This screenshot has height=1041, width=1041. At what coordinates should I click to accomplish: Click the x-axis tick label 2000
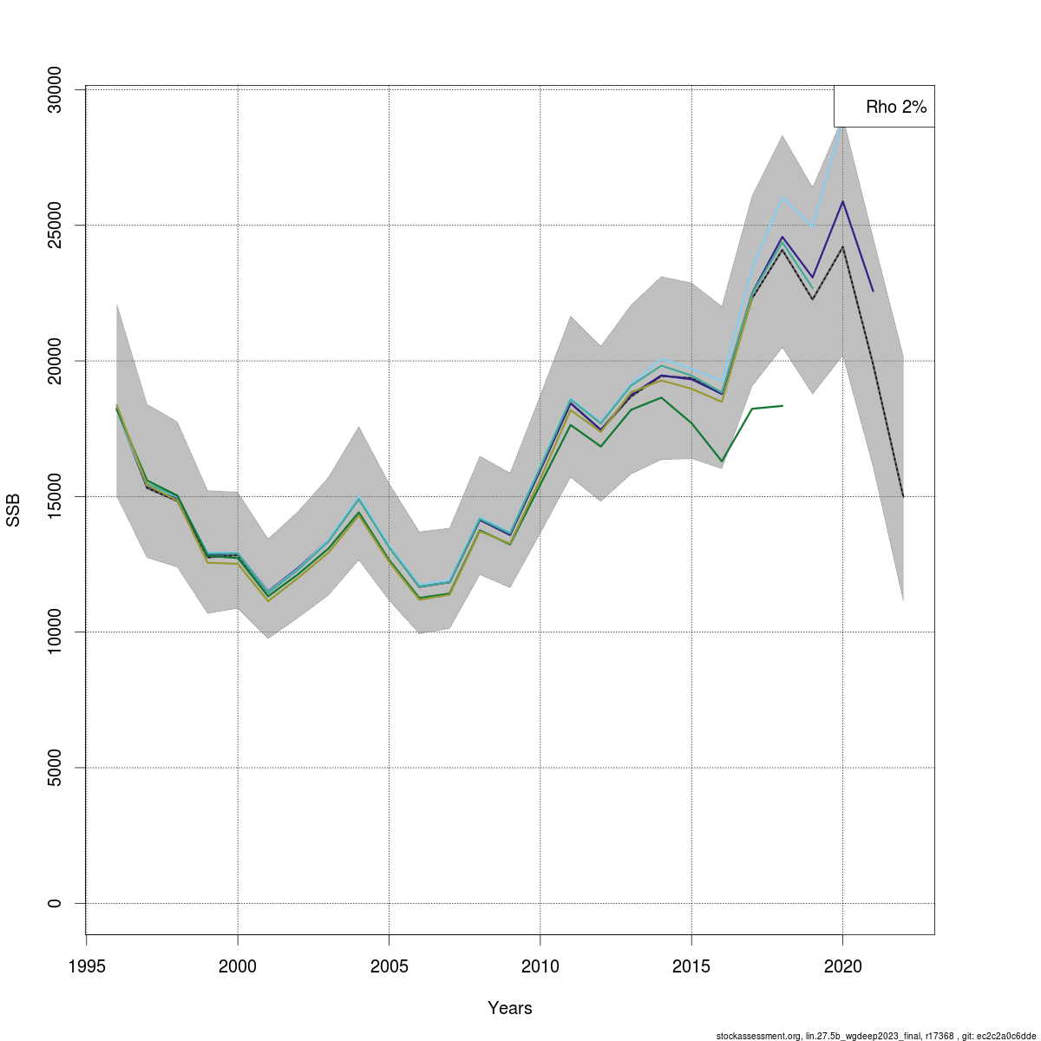tap(238, 967)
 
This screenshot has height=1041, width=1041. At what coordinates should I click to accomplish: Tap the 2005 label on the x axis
tap(389, 967)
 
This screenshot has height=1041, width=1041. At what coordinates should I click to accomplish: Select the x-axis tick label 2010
tap(540, 967)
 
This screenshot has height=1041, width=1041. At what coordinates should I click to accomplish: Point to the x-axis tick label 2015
tap(691, 967)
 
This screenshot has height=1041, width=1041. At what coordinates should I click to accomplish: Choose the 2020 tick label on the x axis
tap(842, 967)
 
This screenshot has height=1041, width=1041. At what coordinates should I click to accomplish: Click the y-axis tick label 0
tap(55, 903)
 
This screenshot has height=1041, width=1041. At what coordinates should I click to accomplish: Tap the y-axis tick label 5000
tap(55, 768)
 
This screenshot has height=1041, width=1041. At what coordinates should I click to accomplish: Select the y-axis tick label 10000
tap(55, 632)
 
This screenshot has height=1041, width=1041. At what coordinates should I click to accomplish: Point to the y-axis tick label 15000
tap(55, 496)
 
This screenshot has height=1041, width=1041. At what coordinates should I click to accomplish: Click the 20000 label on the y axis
tap(55, 361)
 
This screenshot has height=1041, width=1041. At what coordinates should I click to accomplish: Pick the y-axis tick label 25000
tap(55, 225)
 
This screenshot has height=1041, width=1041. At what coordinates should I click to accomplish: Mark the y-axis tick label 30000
tap(55, 89)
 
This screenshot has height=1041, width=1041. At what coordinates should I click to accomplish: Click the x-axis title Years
tap(510, 1008)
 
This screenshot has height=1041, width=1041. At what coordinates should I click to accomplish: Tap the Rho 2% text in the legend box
tap(896, 108)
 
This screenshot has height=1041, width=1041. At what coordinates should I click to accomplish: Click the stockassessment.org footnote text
tap(875, 1036)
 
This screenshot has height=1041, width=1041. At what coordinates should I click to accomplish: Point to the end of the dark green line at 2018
tap(782, 405)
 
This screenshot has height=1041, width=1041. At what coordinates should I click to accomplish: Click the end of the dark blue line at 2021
tap(873, 291)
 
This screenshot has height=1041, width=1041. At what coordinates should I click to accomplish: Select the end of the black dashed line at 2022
tap(903, 496)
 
